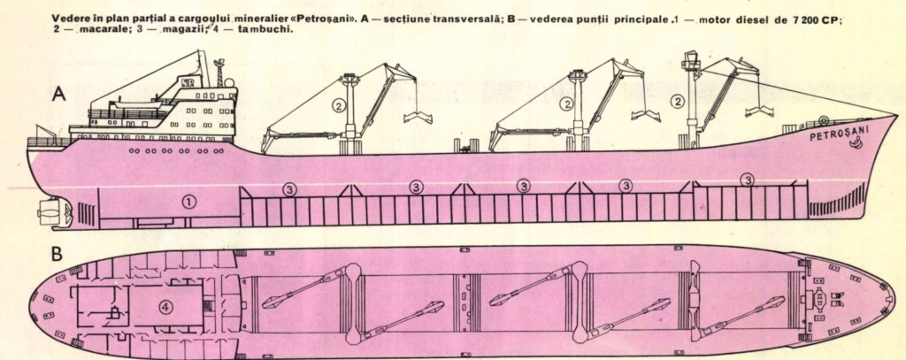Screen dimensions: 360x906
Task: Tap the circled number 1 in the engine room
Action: coord(187,201)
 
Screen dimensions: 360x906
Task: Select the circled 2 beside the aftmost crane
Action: coord(339,104)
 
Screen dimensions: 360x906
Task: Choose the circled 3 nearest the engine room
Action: coord(289,188)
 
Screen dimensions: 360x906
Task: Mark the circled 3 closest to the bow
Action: coord(749,180)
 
